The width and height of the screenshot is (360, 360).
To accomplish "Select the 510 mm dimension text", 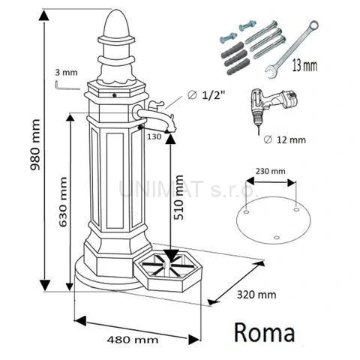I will [x=178, y=195].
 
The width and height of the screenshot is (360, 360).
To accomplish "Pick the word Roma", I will [x=265, y=331].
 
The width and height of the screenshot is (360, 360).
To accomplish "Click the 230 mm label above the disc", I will [x=271, y=171].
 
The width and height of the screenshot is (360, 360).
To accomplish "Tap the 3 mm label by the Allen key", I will [x=66, y=72].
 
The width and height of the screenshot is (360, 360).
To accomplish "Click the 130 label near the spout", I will [x=154, y=136].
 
